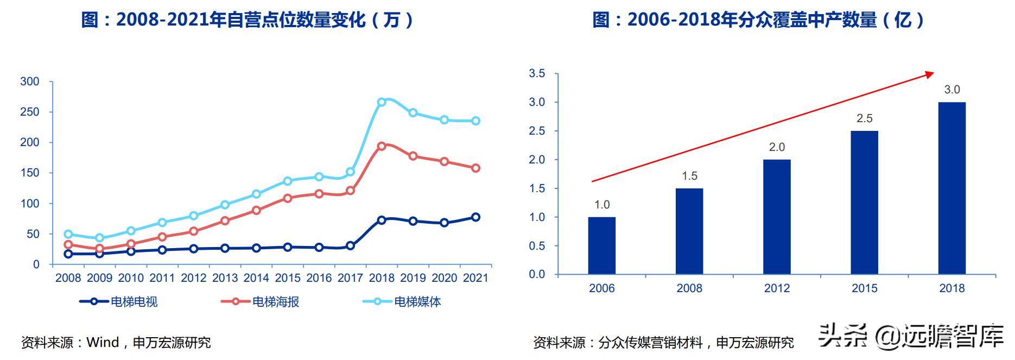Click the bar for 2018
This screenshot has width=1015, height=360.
[951, 188]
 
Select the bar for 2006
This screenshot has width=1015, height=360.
[601, 245]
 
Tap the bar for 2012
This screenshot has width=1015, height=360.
[777, 217]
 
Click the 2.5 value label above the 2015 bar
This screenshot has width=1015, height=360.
[864, 118]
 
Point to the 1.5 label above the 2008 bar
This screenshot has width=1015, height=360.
[689, 176]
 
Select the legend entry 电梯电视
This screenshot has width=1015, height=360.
[119, 302]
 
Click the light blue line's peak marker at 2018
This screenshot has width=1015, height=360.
[382, 102]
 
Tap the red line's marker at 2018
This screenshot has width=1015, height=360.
[382, 146]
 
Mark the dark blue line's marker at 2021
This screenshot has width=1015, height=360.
[475, 217]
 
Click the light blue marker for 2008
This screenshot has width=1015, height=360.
[68, 234]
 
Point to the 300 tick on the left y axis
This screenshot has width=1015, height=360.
[30, 81]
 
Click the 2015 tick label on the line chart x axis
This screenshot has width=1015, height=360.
[288, 278]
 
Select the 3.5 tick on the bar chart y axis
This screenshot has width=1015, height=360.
[537, 73]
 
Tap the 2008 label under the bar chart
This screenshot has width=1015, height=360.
[689, 288]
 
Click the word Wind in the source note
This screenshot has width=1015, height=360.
[103, 343]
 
